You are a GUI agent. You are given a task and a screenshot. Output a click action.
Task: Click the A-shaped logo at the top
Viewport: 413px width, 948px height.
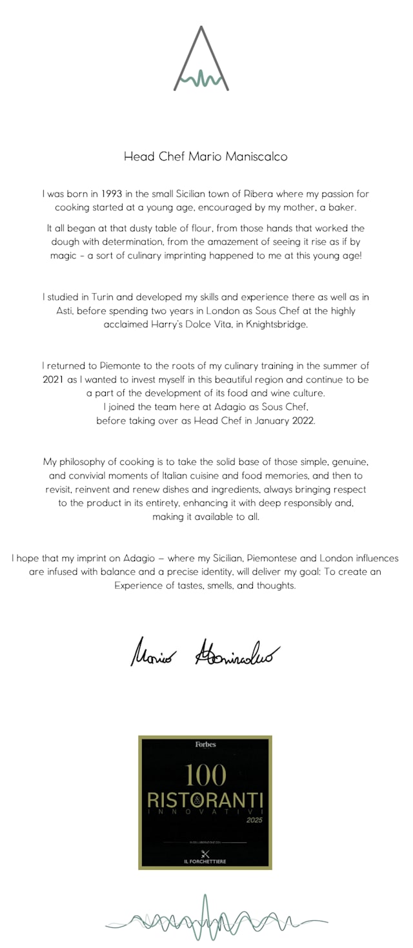point(201,60)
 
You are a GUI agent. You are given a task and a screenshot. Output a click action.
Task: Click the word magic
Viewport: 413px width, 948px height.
point(64,255)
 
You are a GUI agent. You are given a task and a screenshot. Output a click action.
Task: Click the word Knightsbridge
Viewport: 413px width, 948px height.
point(276,324)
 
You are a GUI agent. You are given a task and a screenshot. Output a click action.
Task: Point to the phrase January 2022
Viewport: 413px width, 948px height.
point(284,420)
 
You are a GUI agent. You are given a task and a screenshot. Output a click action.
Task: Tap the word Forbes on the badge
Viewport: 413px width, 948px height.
point(205,745)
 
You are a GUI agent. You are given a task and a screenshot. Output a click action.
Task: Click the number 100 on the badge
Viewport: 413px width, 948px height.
point(205,776)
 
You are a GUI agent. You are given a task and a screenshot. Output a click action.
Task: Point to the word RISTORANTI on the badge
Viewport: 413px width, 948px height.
point(205,800)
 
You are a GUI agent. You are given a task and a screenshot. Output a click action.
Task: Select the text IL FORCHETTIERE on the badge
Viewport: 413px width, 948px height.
point(205,861)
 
